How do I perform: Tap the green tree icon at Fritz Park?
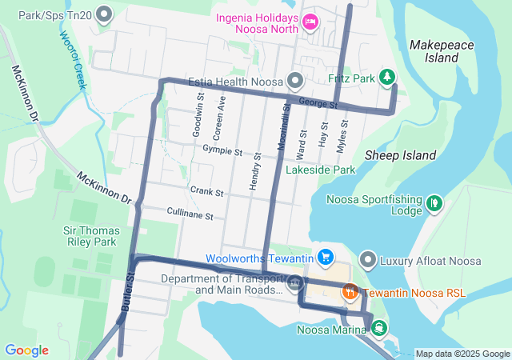(x=387, y=78)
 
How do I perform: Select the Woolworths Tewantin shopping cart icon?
(x=325, y=258)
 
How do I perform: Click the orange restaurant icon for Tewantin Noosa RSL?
(x=350, y=294)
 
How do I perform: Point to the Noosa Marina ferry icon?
(x=377, y=327)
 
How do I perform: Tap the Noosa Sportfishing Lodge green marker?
(x=434, y=203)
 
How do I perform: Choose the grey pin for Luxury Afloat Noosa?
(x=367, y=259)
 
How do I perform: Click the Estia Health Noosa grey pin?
(x=295, y=80)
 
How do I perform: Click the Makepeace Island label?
(x=434, y=51)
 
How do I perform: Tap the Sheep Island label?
(x=400, y=155)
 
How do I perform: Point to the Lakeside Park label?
(x=321, y=170)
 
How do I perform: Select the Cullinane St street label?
(x=190, y=215)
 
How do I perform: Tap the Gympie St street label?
(x=222, y=151)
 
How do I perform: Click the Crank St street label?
(x=206, y=193)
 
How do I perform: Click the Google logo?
(x=26, y=350)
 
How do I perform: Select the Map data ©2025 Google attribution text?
(x=462, y=354)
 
